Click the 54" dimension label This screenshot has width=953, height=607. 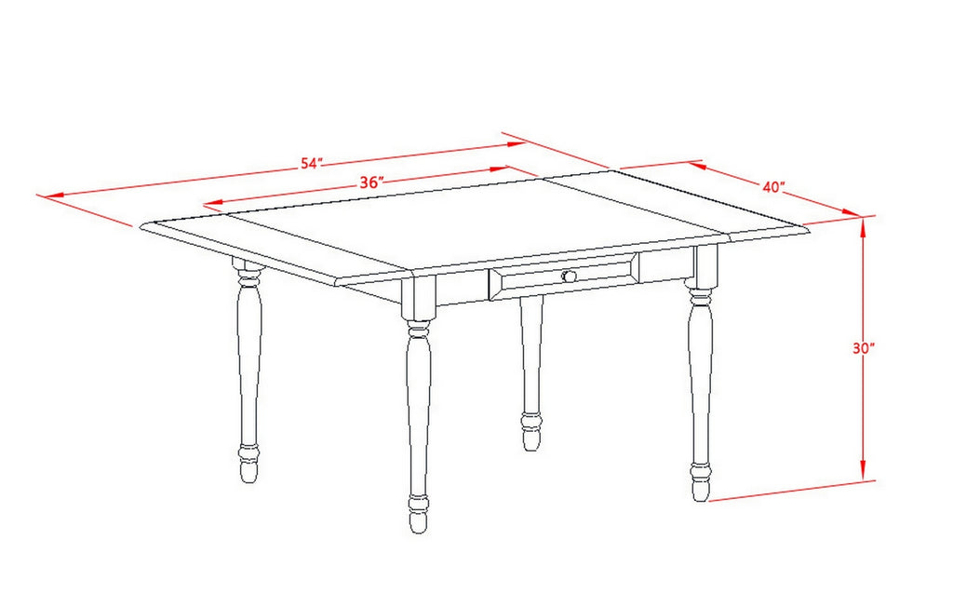311,164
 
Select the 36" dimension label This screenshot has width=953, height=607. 370,183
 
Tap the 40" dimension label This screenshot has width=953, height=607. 773,187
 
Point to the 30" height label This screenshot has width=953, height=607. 863,348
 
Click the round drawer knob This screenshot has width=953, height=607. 570,277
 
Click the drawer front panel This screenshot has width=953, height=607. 564,277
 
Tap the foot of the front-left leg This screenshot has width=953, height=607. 418,514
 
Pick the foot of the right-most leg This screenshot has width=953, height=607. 701,483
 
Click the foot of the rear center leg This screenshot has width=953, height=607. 530,433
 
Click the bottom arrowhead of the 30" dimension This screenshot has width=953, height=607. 863,474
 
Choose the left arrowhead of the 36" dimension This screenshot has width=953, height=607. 213,204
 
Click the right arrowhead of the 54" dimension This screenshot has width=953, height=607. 516,143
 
